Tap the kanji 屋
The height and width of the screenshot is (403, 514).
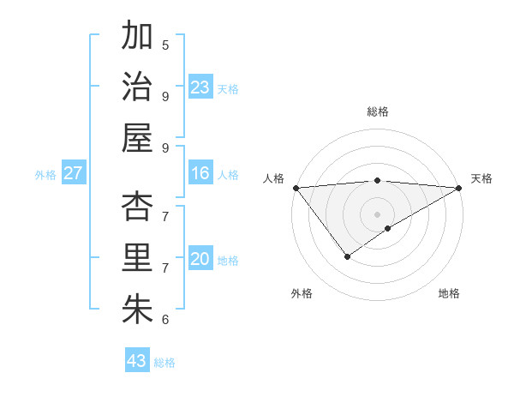tap(137, 138)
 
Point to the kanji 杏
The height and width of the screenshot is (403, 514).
tap(137, 207)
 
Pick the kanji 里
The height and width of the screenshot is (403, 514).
tap(137, 258)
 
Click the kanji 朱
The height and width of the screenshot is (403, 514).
tap(137, 310)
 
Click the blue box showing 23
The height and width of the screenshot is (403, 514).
tap(200, 87)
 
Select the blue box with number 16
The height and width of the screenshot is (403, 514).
tap(200, 174)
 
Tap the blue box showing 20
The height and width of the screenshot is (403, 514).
tap(200, 260)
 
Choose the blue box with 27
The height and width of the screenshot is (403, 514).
tap(73, 174)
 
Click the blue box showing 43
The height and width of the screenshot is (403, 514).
tap(137, 361)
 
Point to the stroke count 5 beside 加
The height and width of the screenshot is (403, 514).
tap(165, 45)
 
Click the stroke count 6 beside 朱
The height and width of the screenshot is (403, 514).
tap(165, 320)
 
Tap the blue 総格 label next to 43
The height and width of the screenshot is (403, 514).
tap(164, 363)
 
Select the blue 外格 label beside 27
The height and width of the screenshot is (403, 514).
tap(45, 175)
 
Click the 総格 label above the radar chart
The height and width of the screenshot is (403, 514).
tap(377, 111)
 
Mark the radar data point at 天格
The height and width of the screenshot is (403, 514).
tap(459, 188)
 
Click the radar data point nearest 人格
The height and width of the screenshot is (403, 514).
tap(296, 188)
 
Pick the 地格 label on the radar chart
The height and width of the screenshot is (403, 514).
tap(449, 293)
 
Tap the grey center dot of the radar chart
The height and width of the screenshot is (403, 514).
tap(377, 213)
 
